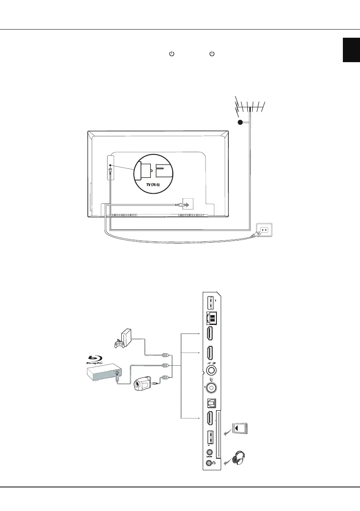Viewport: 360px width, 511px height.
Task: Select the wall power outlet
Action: click(264, 230)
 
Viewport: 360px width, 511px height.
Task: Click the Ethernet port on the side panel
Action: click(211, 318)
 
